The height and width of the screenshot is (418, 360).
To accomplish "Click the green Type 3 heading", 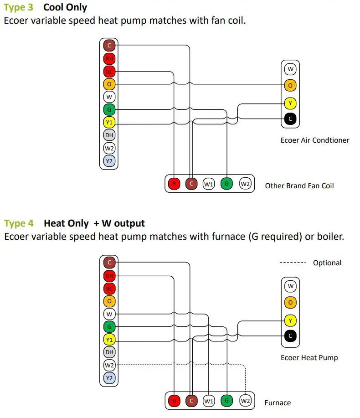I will pyautogui.click(x=19, y=8).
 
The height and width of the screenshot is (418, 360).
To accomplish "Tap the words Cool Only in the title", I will pyautogui.click(x=65, y=8).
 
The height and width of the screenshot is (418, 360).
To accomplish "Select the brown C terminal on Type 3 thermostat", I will pyautogui.click(x=109, y=46).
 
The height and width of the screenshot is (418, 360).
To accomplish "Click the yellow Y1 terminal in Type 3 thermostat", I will pyautogui.click(x=109, y=123).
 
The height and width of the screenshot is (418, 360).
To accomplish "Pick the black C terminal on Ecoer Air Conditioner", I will pyautogui.click(x=290, y=119).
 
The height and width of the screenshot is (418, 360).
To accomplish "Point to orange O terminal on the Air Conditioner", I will pyautogui.click(x=290, y=85).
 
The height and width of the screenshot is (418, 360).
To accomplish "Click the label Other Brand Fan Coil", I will pyautogui.click(x=299, y=186).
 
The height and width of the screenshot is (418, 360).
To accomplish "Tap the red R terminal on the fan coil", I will pyautogui.click(x=174, y=184).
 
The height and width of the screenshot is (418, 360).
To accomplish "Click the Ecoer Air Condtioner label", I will pyautogui.click(x=314, y=140).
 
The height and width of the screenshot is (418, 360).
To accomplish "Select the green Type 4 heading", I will pyautogui.click(x=19, y=224).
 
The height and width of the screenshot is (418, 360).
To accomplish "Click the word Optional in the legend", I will pyautogui.click(x=327, y=263).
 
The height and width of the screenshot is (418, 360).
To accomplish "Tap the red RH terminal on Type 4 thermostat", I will pyautogui.click(x=109, y=276).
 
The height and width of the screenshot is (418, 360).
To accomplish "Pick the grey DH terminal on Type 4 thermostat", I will pyautogui.click(x=109, y=352).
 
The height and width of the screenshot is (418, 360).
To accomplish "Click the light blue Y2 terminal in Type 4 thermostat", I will pyautogui.click(x=109, y=378).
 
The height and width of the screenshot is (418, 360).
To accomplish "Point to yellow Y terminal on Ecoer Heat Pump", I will pyautogui.click(x=290, y=320).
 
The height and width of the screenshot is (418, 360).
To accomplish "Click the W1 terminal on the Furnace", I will pyautogui.click(x=209, y=402).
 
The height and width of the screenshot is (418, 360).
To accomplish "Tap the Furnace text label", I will pyautogui.click(x=278, y=403).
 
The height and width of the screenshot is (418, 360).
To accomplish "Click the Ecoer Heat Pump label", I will pyautogui.click(x=309, y=357).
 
